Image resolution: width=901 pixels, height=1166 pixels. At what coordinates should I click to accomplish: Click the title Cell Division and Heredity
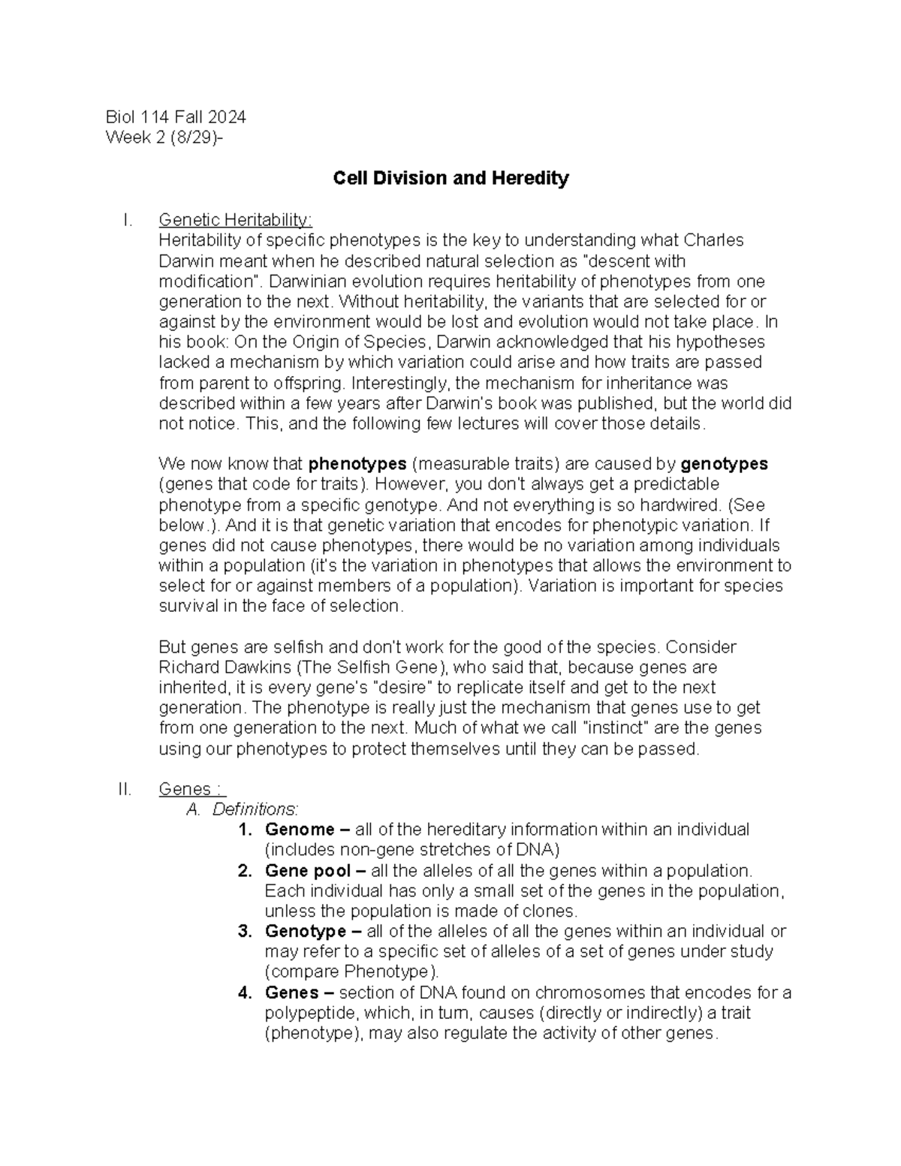click(450, 179)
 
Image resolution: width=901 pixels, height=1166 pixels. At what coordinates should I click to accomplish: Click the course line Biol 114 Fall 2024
click(176, 117)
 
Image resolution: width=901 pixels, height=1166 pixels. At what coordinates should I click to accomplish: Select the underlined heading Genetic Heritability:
click(235, 220)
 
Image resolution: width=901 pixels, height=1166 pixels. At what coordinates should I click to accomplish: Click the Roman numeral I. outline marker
click(128, 220)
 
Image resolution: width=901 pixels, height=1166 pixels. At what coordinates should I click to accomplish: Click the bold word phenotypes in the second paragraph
click(357, 464)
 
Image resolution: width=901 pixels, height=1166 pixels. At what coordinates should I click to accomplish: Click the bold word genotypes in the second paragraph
click(723, 464)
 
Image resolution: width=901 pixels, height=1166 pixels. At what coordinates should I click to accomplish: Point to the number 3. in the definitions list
click(244, 932)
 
